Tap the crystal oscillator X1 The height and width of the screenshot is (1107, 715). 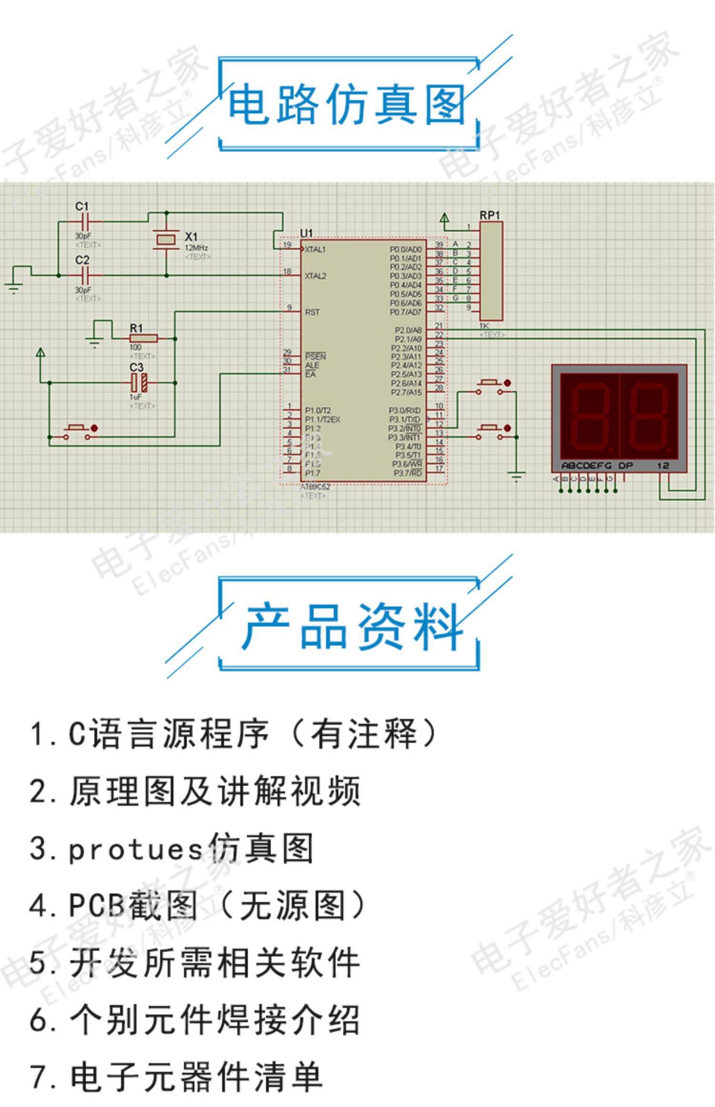166,239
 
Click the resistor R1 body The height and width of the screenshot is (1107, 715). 143,338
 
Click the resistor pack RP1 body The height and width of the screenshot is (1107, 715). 490,271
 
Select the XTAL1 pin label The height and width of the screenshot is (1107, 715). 315,249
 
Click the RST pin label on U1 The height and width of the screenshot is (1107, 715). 312,312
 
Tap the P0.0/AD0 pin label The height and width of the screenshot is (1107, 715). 406,249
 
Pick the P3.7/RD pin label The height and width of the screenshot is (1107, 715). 408,473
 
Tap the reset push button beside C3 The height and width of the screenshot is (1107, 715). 79,431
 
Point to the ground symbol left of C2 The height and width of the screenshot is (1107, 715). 14,287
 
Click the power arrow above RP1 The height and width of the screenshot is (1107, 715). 444,219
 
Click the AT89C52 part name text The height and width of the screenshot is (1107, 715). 315,487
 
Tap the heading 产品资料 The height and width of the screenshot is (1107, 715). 353,626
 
